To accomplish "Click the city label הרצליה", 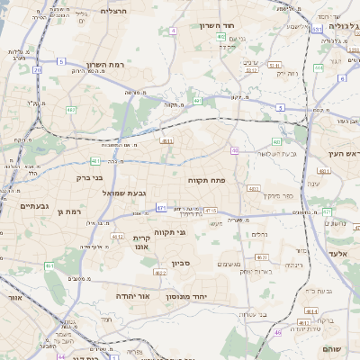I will (113, 10).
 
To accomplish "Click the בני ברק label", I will (85, 177).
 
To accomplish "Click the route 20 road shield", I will (37, 69).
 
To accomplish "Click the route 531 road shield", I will (317, 30).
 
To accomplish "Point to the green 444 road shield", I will (318, 67).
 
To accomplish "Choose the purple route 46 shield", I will (277, 332).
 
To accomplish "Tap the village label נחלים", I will (259, 234).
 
